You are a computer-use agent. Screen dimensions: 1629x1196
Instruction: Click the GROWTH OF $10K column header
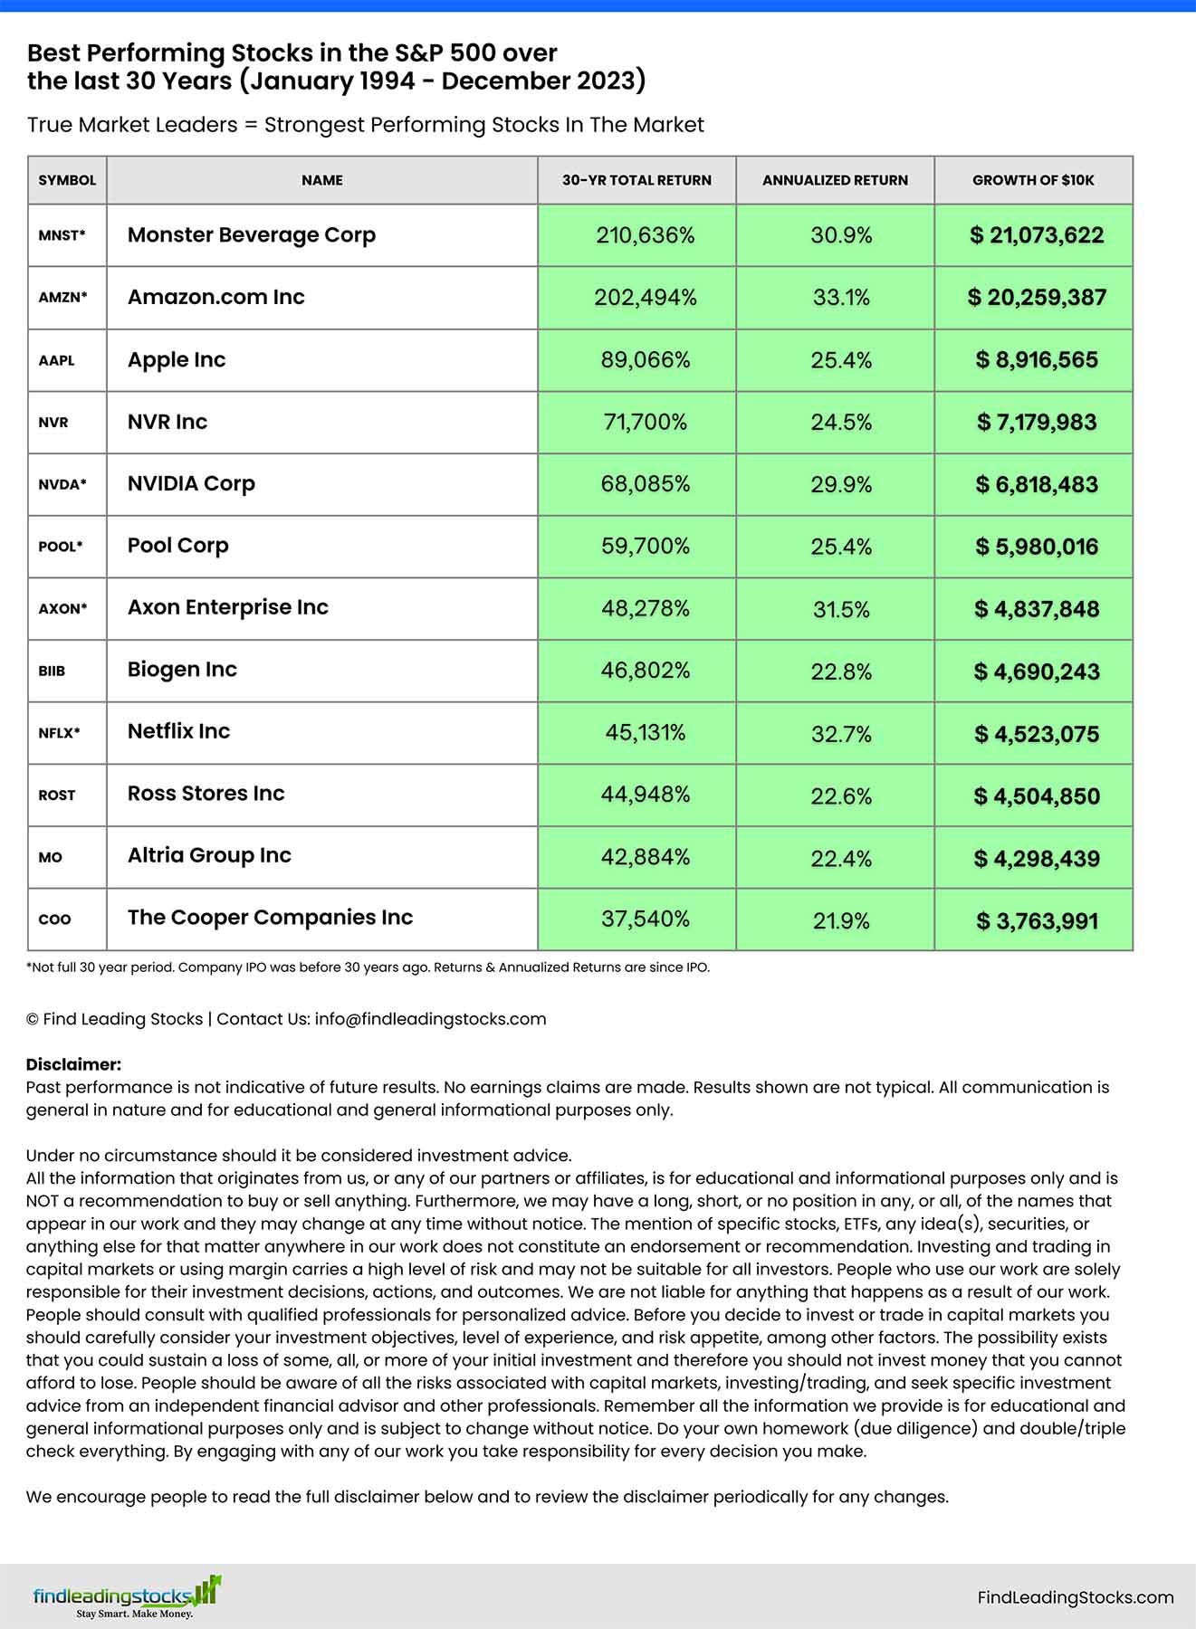click(1033, 180)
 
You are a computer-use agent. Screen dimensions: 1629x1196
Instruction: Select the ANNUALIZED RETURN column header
click(835, 180)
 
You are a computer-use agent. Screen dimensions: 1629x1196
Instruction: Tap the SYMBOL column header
click(67, 180)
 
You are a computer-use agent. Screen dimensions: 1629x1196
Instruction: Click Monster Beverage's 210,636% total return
click(645, 235)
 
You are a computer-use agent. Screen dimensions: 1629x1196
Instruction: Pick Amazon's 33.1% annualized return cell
click(841, 298)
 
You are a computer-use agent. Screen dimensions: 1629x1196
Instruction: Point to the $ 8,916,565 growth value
click(1036, 360)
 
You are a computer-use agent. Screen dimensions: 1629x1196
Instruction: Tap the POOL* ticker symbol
click(61, 547)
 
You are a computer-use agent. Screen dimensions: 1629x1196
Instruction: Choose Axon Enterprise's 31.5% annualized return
click(841, 609)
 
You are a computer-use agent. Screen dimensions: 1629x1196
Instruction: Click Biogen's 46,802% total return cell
click(645, 671)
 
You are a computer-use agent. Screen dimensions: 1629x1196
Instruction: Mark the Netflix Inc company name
click(178, 731)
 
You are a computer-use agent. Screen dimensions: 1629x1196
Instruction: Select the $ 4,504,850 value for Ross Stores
click(1036, 796)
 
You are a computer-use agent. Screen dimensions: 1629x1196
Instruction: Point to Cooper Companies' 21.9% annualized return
click(841, 921)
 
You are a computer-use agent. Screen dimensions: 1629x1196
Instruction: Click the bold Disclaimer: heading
click(73, 1064)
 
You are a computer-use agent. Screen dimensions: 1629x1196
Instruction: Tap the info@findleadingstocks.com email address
click(430, 1019)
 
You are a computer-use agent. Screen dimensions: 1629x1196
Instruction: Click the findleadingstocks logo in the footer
click(126, 1597)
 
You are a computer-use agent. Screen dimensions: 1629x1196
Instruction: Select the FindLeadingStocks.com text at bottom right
click(1075, 1598)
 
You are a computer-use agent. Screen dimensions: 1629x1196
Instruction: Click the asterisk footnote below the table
click(368, 967)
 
